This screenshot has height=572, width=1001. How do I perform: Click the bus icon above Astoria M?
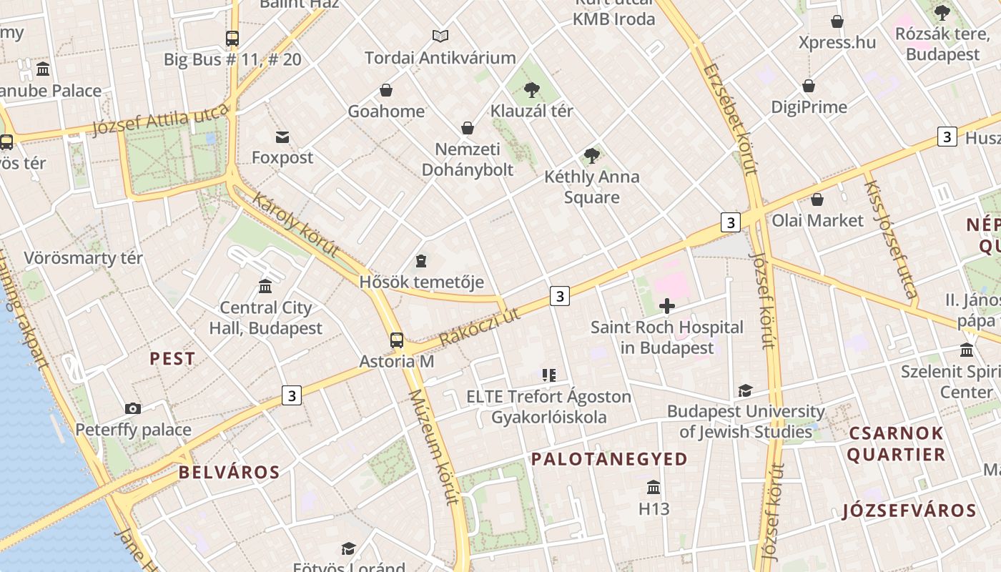click(x=396, y=340)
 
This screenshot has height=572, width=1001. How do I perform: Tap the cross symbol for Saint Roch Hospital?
click(x=666, y=307)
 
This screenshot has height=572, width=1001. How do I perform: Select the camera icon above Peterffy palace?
click(x=132, y=408)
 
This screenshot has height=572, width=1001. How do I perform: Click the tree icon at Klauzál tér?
click(x=531, y=90)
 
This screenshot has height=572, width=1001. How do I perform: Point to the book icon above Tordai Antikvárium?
click(x=440, y=36)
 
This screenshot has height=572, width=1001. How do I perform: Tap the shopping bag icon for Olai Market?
click(x=817, y=199)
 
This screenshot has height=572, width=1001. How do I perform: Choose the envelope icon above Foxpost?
click(x=282, y=137)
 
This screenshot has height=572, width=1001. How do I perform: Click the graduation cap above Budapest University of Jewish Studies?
click(x=745, y=390)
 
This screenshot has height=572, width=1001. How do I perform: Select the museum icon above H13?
click(x=654, y=488)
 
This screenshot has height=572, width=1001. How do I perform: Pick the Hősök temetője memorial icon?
click(x=422, y=261)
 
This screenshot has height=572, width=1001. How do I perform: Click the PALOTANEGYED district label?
click(x=609, y=459)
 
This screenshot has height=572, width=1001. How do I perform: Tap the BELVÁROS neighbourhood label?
click(x=229, y=472)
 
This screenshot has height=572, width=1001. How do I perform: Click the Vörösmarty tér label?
click(x=84, y=257)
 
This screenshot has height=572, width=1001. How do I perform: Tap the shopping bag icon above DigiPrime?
click(x=809, y=87)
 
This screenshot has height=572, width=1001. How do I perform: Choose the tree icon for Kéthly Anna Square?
click(x=591, y=155)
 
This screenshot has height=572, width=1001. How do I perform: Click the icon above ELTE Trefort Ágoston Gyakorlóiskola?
click(x=548, y=375)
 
